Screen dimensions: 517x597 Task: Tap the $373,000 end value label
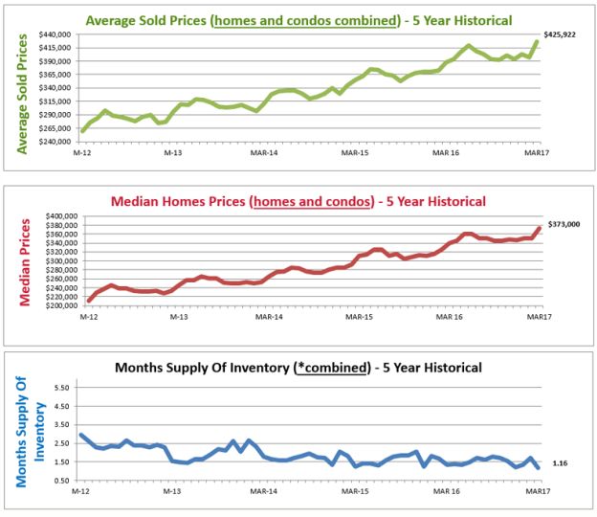tap(565, 224)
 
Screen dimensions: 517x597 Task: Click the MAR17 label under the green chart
tap(537, 152)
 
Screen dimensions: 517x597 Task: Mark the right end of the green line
tap(538, 41)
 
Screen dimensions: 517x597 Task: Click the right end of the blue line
tap(539, 467)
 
